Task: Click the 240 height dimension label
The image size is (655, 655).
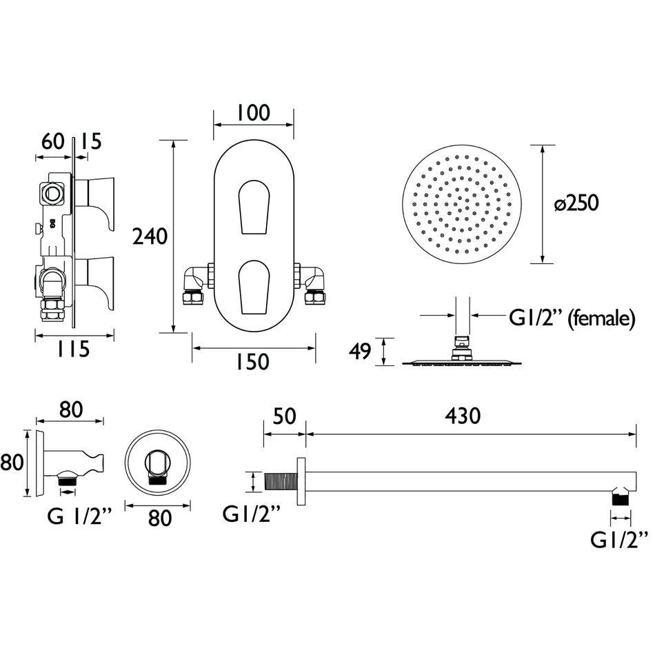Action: (150, 236)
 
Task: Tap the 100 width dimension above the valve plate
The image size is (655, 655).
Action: (254, 113)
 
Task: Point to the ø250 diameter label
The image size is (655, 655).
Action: (576, 203)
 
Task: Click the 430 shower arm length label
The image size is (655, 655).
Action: (463, 416)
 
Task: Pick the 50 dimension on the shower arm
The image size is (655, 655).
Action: (285, 416)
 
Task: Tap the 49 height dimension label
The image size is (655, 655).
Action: (360, 352)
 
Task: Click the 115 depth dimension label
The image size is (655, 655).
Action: (74, 350)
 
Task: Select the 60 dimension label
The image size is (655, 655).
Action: (52, 141)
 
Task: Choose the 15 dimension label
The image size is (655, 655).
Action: (90, 141)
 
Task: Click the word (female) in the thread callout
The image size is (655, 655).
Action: (603, 319)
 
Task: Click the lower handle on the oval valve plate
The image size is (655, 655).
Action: (254, 288)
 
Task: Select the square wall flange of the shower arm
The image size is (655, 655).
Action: (301, 481)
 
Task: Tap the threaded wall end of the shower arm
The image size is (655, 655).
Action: (281, 481)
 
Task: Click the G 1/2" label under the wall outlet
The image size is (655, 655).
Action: (79, 517)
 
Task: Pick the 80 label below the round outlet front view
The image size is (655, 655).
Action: (160, 518)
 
